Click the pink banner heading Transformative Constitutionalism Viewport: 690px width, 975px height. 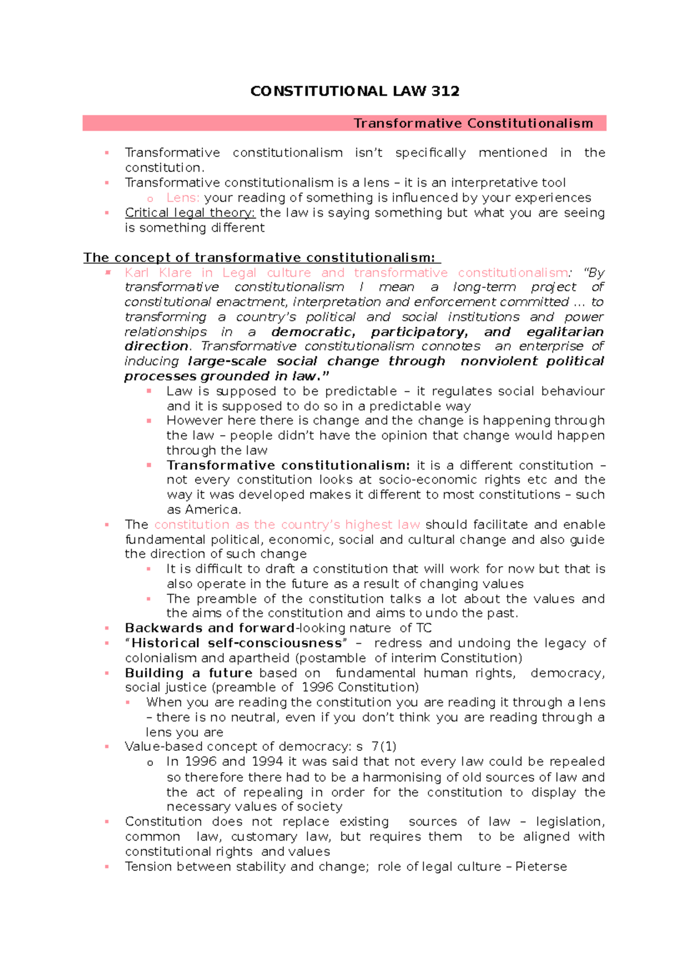tap(473, 124)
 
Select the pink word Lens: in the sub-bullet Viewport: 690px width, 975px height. tap(183, 198)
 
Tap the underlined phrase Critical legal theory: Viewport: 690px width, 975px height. tap(190, 213)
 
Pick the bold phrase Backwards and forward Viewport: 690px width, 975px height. tap(210, 628)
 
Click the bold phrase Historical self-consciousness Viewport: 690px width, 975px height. tap(236, 643)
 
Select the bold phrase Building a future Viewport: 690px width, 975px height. tap(189, 673)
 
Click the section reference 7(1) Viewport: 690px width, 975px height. tap(384, 746)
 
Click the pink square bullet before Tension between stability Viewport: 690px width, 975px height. tap(107, 866)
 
